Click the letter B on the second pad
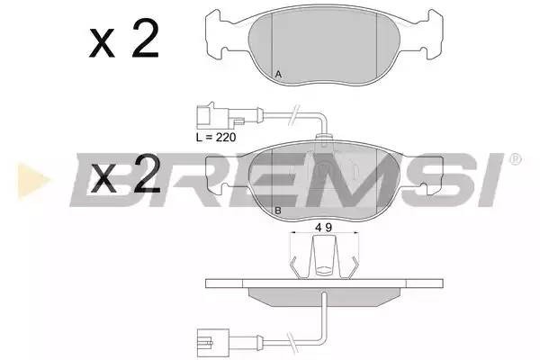click(x=279, y=211)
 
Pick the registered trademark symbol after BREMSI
click(x=514, y=159)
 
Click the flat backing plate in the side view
click(x=324, y=283)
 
